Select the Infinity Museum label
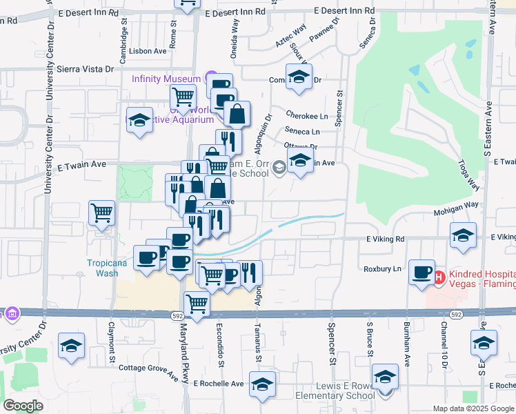[167, 78]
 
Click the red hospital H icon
[439, 277]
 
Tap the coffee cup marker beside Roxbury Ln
[421, 272]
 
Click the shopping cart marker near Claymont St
[101, 213]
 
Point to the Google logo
[23, 405]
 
